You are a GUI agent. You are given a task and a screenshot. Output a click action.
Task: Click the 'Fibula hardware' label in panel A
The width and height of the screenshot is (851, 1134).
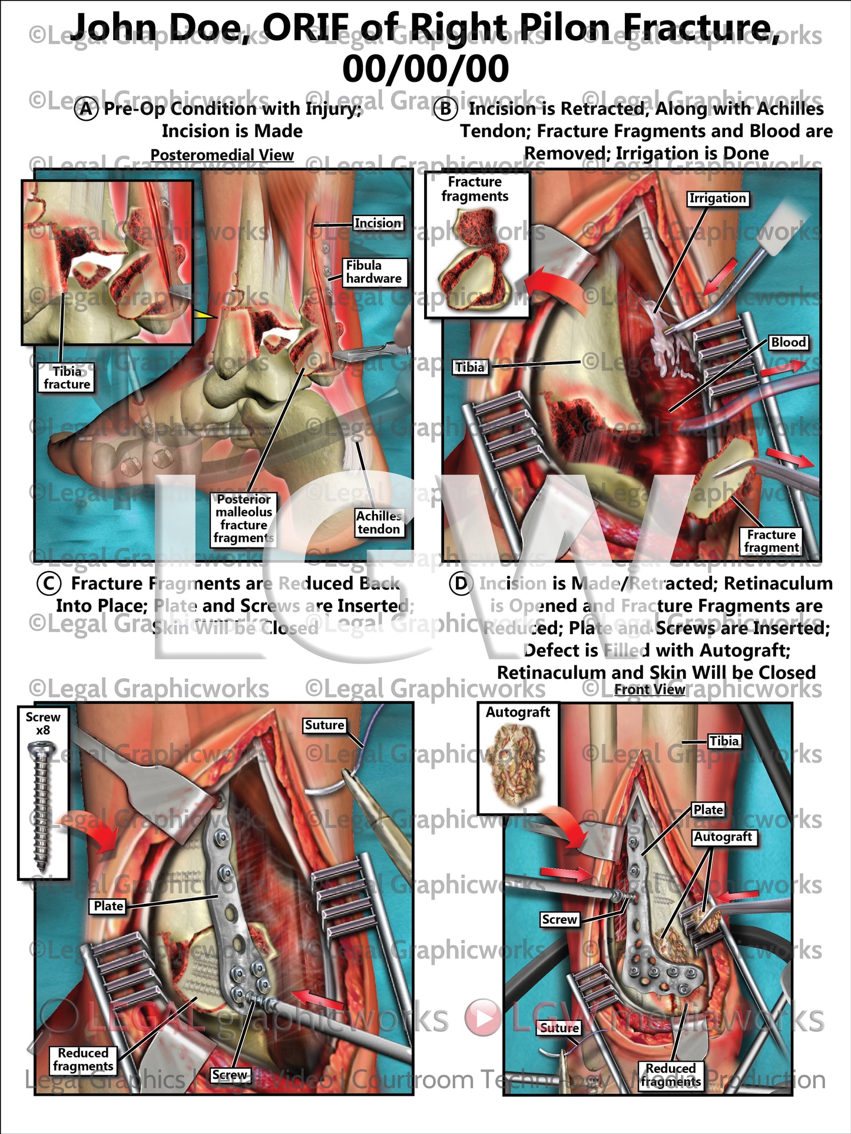pyautogui.click(x=374, y=272)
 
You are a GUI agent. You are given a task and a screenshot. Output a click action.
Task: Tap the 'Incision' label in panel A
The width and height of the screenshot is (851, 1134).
pyautogui.click(x=378, y=223)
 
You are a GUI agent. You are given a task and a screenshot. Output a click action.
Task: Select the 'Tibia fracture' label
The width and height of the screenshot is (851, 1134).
pyautogui.click(x=67, y=378)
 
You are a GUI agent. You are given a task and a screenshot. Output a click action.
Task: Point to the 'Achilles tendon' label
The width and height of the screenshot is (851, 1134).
pyautogui.click(x=379, y=522)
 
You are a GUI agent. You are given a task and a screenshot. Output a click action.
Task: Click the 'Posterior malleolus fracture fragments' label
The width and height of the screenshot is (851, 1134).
pyautogui.click(x=243, y=519)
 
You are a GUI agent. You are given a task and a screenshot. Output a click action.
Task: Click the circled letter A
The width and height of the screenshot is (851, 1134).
pyautogui.click(x=86, y=109)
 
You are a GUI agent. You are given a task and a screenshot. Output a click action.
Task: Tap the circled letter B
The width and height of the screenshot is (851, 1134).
pyautogui.click(x=445, y=109)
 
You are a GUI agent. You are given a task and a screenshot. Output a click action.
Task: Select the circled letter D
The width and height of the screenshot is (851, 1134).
pyautogui.click(x=461, y=583)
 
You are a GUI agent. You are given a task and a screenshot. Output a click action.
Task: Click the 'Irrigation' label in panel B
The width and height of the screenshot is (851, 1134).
pyautogui.click(x=717, y=198)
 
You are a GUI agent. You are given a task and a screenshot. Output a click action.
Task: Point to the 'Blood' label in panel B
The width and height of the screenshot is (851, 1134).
pyautogui.click(x=788, y=343)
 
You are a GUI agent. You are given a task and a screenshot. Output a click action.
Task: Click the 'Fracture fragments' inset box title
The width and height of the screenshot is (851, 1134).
pyautogui.click(x=475, y=189)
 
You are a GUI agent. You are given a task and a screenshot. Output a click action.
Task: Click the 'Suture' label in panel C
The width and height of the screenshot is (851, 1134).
pyautogui.click(x=324, y=725)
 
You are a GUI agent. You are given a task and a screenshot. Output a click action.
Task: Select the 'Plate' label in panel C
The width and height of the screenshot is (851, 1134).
pyautogui.click(x=109, y=906)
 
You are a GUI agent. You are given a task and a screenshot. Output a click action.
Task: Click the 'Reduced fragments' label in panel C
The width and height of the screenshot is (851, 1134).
pyautogui.click(x=83, y=1060)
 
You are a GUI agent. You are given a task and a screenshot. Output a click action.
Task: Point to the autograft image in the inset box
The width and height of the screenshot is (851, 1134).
pyautogui.click(x=518, y=765)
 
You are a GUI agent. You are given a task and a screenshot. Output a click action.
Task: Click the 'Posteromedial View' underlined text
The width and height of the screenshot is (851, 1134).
pyautogui.click(x=222, y=155)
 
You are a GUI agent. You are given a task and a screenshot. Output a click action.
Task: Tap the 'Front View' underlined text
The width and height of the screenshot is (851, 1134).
pyautogui.click(x=650, y=689)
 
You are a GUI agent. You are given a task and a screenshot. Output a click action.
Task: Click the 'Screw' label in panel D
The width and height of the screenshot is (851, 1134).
pyautogui.click(x=559, y=920)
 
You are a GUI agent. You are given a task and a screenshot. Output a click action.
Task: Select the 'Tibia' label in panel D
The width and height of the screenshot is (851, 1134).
pyautogui.click(x=724, y=741)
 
